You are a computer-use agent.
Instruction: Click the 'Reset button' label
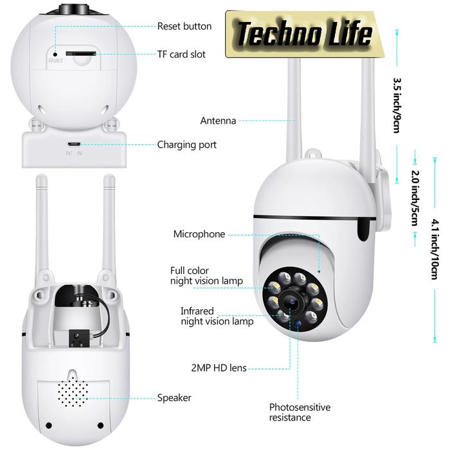pyautogui.click(x=184, y=26)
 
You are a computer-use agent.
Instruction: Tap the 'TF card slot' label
pyautogui.click(x=181, y=54)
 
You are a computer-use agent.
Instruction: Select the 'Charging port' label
pyautogui.click(x=186, y=145)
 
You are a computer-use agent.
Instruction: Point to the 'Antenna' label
pyautogui.click(x=218, y=120)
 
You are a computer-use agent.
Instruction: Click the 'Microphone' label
pyautogui.click(x=199, y=234)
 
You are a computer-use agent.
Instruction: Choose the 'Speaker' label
pyautogui.click(x=174, y=398)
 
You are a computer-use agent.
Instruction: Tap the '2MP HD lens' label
pyautogui.click(x=218, y=368)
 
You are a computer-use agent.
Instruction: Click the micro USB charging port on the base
pyautogui.click(x=75, y=145)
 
